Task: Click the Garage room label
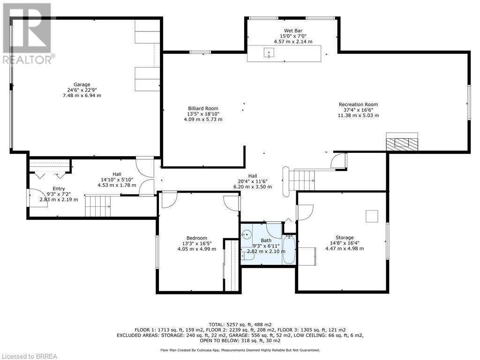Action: click(x=82, y=84)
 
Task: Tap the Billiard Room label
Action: click(x=203, y=108)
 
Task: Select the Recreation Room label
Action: click(x=358, y=105)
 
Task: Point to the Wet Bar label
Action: click(x=293, y=30)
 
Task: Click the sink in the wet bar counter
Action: click(x=269, y=52)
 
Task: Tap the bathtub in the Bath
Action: click(x=289, y=249)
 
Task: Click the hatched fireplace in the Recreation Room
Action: click(x=402, y=143)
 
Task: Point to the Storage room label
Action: click(x=345, y=238)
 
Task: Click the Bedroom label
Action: click(x=196, y=238)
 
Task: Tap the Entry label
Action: click(x=59, y=188)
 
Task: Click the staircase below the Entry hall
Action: click(x=97, y=206)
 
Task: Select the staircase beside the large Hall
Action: click(x=302, y=180)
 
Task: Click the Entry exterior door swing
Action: click(x=38, y=198)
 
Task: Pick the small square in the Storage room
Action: click(x=372, y=216)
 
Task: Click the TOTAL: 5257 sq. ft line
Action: click(x=240, y=324)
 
